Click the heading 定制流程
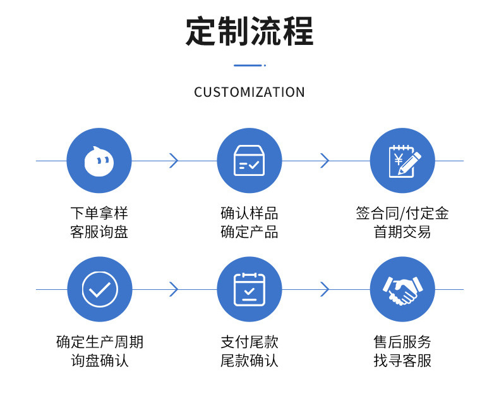coord(249,31)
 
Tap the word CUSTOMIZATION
coord(249,92)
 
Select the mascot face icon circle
coord(99,161)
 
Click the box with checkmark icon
coord(249,161)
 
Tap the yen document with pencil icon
coord(402,161)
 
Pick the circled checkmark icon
coord(99,289)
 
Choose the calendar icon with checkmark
coord(249,289)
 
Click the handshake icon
coord(402,289)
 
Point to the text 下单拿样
coord(99,213)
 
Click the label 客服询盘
coord(99,232)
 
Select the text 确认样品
coord(249,213)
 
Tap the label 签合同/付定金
coord(402,213)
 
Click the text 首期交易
coord(402,232)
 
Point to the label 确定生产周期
coord(99,342)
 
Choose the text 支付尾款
coord(249,342)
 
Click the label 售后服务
coord(402,342)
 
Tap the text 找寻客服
coord(402,361)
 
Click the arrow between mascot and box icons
coord(174,161)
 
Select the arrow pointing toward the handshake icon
coord(325,289)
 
